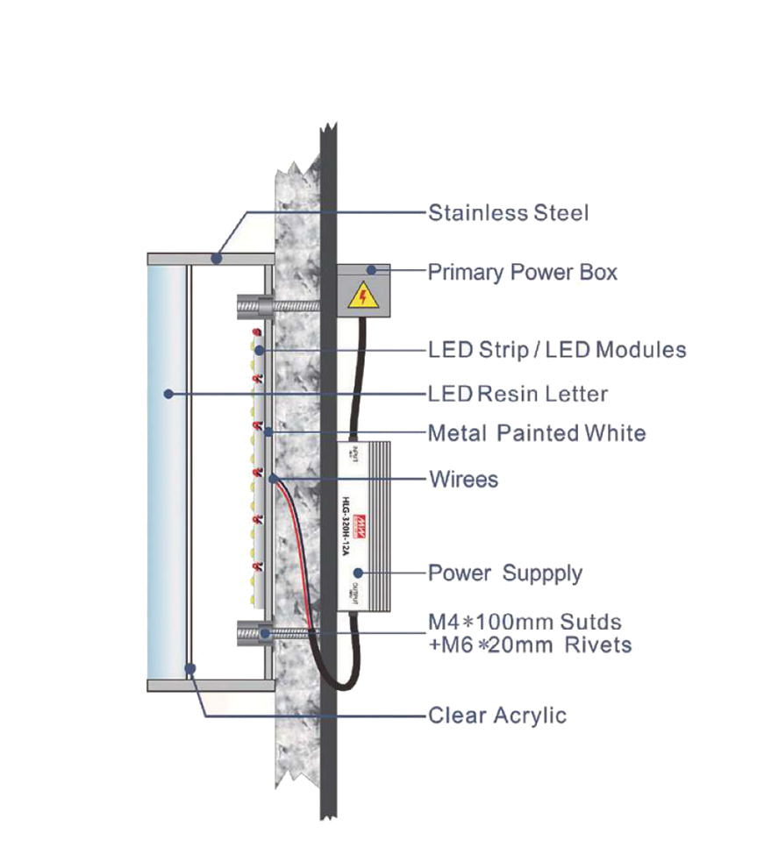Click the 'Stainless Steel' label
point(508,213)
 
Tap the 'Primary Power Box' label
point(522,273)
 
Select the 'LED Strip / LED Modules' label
point(557,350)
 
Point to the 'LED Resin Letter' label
point(518,394)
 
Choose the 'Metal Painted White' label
point(536,433)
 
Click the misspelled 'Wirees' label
point(462,480)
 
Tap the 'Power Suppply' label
point(504,573)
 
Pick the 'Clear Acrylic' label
point(496,716)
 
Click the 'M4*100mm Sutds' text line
point(525,623)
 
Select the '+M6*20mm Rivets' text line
point(530,645)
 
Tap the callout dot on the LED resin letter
point(168,394)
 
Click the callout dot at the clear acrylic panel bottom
point(189,668)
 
